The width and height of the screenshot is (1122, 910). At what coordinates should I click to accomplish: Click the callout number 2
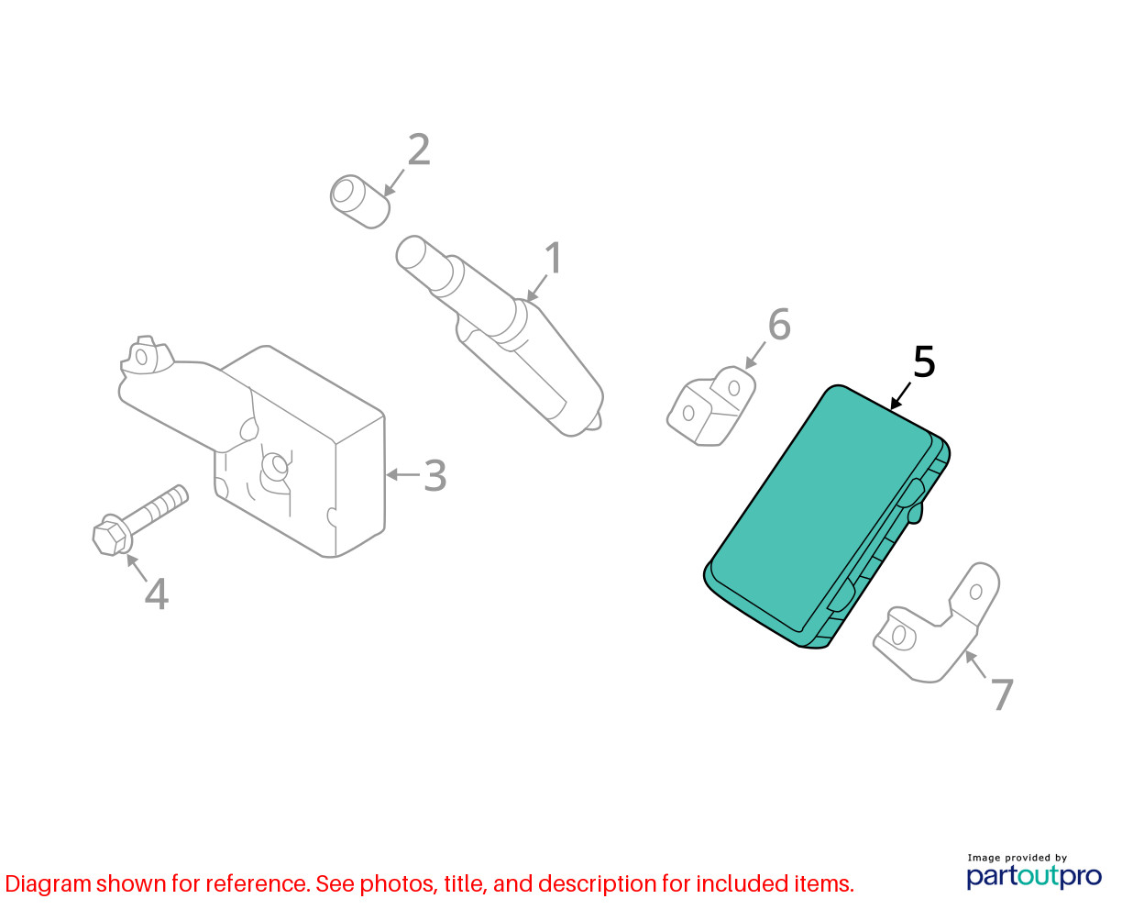(419, 150)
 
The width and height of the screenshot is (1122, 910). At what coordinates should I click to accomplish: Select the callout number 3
(435, 475)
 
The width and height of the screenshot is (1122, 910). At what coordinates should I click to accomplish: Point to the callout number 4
(157, 594)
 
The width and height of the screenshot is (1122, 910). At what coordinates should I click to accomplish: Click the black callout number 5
(924, 361)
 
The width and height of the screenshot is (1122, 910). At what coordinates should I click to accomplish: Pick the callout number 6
(779, 324)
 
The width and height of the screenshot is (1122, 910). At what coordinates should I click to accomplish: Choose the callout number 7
(1002, 694)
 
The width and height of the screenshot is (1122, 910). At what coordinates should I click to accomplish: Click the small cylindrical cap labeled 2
(359, 202)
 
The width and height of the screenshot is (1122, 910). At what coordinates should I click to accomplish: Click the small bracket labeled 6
(710, 406)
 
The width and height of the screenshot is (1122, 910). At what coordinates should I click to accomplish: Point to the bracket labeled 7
(936, 625)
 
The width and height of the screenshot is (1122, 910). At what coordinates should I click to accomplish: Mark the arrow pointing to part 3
(403, 474)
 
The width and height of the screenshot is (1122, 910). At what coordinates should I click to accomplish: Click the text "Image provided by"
(1017, 858)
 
